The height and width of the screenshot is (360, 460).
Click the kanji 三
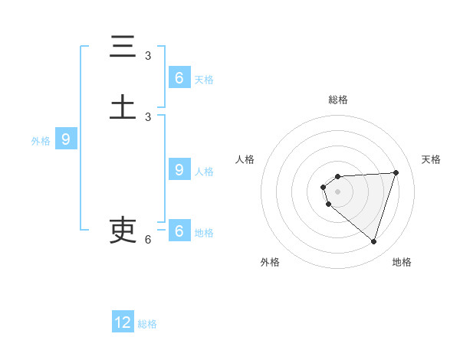point(123,47)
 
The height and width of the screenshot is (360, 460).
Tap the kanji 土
point(123,106)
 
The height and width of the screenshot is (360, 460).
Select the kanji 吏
point(123,229)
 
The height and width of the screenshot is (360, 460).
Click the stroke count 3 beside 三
point(148,56)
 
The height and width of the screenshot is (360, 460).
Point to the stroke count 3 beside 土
point(148,116)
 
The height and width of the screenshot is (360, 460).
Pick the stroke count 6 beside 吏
point(148,240)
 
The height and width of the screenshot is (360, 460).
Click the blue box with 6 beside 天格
point(179,78)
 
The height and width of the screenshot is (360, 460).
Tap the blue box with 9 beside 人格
point(179,170)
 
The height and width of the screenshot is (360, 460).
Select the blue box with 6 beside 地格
point(179,231)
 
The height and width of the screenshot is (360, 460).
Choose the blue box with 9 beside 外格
point(66,139)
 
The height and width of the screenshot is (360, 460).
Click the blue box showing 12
point(123,322)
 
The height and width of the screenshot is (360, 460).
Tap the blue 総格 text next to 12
point(147,324)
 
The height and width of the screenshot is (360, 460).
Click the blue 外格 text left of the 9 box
point(41,141)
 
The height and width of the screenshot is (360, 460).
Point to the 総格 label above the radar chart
point(337,100)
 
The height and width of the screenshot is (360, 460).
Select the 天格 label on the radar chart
point(431,159)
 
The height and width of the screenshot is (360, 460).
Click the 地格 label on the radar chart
point(402,262)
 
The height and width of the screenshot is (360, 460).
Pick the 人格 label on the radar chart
point(245,159)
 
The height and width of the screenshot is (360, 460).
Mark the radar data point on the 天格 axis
point(396,172)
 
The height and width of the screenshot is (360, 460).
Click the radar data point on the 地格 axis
point(373,241)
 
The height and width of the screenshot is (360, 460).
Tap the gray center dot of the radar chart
point(337,191)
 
